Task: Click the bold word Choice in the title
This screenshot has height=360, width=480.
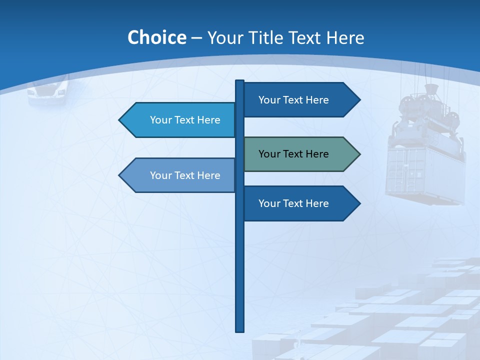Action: point(156,37)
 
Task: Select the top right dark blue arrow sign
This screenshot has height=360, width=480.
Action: point(300,100)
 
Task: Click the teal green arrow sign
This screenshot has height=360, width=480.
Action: point(300,154)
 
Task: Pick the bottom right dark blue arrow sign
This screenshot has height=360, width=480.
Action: point(300,203)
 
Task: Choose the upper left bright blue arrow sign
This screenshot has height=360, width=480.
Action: point(178,120)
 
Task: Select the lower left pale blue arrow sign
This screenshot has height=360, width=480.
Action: point(178,175)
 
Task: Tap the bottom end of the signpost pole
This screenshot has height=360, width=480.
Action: point(239,330)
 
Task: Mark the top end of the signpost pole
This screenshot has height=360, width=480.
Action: point(239,82)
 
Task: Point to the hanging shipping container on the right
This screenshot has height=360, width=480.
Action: point(425,172)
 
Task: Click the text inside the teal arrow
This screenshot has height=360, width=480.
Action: point(293,154)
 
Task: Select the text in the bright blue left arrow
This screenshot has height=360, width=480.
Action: point(185,120)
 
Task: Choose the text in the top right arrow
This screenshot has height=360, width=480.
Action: point(293,100)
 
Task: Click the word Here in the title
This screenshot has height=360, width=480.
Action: point(345,37)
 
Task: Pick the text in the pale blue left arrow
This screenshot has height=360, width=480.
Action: point(185,175)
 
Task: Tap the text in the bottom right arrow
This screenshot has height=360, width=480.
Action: point(293,203)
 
